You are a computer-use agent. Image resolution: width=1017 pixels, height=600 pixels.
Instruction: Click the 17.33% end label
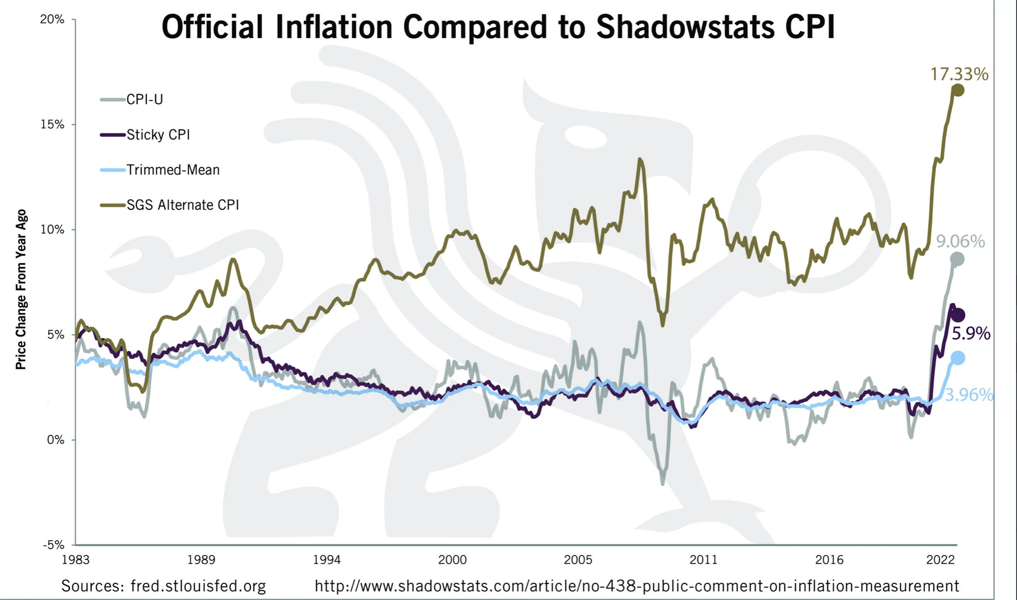pos(959,74)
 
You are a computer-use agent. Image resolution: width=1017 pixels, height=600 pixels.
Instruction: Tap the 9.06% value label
pos(960,241)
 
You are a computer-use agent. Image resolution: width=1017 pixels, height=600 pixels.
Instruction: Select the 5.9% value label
pos(971,333)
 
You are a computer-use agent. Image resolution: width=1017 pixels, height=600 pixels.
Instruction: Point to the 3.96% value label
pos(968,395)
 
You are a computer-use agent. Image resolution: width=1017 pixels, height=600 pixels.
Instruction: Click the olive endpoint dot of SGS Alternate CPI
pos(958,90)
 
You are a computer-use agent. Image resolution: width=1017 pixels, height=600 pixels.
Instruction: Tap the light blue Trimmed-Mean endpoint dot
pos(958,358)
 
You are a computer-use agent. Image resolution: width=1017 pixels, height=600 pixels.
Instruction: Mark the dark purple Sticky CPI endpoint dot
pos(958,315)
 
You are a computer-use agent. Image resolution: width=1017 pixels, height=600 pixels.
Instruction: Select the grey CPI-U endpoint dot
pos(957,259)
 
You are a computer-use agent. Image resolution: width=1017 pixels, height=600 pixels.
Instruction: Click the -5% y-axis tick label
pos(53,545)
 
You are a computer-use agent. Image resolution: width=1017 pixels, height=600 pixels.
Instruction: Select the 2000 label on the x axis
pos(452,560)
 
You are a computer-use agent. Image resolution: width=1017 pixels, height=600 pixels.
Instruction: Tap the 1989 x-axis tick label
pos(201,560)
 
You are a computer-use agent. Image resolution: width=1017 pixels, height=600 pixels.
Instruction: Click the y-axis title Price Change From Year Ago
pos(21,289)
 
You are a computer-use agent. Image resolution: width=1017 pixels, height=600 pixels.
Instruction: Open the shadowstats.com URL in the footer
pos(636,586)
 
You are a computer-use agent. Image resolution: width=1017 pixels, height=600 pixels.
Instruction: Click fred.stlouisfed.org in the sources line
pos(198,586)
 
